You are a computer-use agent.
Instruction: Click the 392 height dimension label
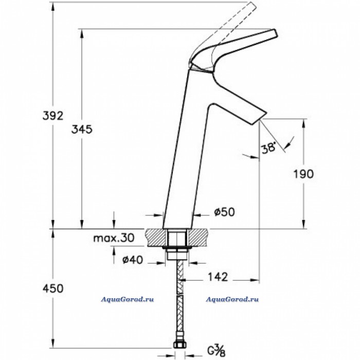53,116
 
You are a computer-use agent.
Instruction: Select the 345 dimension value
82,130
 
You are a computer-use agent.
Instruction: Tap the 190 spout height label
303,174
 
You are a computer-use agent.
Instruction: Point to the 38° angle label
268,148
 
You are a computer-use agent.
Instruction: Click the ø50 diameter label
224,212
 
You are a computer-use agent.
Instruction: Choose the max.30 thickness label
114,238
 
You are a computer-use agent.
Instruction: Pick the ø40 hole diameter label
133,260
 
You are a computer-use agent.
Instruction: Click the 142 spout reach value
218,277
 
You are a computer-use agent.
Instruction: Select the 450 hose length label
53,289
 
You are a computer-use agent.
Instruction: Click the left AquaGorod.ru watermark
127,299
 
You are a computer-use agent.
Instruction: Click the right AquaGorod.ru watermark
232,299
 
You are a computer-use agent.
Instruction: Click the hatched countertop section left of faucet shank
155,238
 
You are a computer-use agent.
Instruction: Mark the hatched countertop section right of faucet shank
199,238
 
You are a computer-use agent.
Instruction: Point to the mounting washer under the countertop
177,248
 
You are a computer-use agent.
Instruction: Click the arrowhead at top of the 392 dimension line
53,6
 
